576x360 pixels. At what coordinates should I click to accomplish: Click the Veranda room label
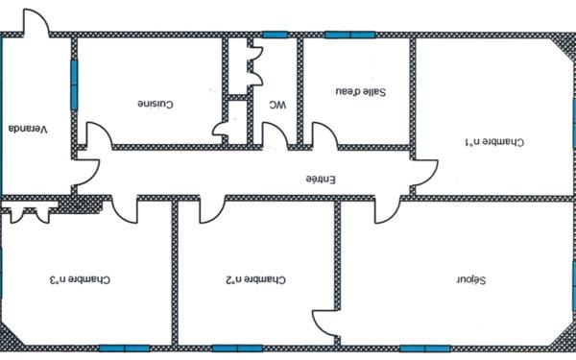pos(27,129)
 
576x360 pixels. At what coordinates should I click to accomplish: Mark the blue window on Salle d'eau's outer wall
pos(349,35)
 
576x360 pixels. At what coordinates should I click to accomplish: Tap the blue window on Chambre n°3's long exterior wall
pos(123,347)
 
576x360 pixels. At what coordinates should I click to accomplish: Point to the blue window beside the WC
pos(276,35)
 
